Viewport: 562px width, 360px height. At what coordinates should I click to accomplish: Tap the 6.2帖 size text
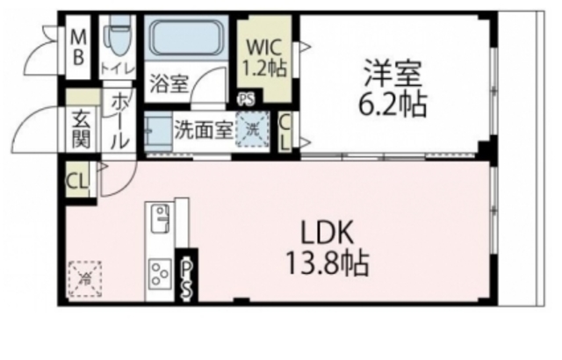(390, 105)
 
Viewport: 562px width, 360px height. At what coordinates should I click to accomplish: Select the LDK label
(327, 233)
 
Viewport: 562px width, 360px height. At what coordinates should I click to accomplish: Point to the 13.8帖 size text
(327, 261)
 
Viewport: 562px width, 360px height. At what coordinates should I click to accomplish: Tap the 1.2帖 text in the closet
(263, 65)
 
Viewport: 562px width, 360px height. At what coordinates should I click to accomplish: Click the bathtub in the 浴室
(187, 40)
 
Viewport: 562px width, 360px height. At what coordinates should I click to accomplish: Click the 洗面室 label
(202, 129)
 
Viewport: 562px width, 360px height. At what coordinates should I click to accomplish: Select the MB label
(78, 47)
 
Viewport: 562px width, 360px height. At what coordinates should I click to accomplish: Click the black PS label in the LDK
(186, 278)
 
